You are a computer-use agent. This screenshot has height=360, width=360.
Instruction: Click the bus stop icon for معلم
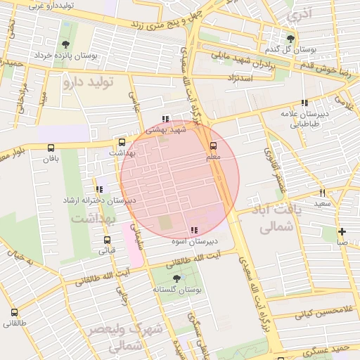point(214,146)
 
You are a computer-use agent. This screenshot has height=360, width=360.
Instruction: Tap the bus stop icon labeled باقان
point(50,148)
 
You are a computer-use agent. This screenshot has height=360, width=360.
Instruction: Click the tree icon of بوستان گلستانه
point(176,278)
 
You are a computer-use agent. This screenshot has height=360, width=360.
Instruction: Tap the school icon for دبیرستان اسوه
point(193,230)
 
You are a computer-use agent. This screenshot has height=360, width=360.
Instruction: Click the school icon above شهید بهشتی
point(165,119)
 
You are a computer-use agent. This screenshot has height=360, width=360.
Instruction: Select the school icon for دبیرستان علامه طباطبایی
point(304,103)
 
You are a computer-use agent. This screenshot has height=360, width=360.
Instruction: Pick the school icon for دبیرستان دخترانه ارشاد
point(99,189)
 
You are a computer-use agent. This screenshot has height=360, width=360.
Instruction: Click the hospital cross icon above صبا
point(342,231)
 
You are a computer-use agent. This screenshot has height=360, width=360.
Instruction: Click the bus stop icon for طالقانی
point(15,312)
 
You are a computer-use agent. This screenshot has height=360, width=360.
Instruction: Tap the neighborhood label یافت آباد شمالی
point(275,219)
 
